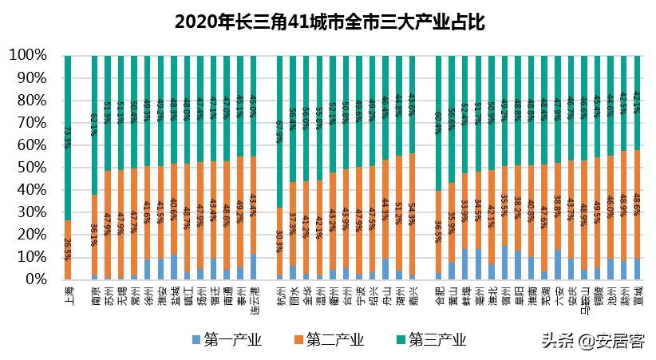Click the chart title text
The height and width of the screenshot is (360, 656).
327,20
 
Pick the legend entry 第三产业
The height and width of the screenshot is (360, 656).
431,340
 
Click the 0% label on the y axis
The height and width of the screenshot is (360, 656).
34,279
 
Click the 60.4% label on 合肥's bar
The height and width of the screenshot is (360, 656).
439,124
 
